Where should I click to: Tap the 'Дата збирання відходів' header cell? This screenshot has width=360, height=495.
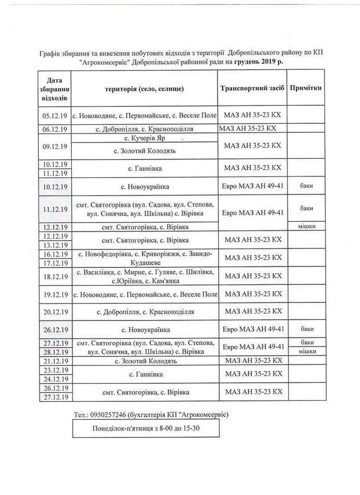(x=54, y=88)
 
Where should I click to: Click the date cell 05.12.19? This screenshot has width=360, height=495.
(x=54, y=116)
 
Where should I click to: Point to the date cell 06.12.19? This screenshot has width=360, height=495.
(x=54, y=129)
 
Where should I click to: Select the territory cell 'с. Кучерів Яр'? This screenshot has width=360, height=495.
(x=145, y=138)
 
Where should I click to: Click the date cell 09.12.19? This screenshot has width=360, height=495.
(x=54, y=146)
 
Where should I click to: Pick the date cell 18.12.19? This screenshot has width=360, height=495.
(x=54, y=277)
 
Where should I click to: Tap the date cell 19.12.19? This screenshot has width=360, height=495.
(x=54, y=295)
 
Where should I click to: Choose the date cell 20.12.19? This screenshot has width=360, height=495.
(x=54, y=312)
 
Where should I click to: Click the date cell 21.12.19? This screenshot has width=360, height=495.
(x=54, y=361)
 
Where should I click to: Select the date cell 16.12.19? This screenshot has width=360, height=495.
(x=54, y=254)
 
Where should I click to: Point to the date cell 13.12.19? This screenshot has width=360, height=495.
(x=54, y=245)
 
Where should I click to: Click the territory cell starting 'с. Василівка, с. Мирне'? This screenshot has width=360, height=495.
(x=145, y=277)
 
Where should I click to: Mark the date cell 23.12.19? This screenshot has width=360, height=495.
(x=54, y=370)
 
